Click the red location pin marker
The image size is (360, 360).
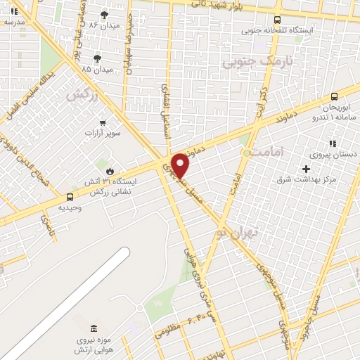tap(181, 165)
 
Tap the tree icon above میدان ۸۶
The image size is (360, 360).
tap(105, 14)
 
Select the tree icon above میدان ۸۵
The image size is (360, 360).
tap(96, 58)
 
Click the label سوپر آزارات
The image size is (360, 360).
tap(103, 133)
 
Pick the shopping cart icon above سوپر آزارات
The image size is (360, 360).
tap(103, 122)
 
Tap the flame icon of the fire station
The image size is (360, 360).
tap(109, 171)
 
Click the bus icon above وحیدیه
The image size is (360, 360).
tap(70, 198)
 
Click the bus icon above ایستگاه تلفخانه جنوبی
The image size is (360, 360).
tap(277, 20)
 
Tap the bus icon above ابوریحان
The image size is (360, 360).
tap(334, 96)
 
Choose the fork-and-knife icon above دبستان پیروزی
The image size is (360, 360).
tap(333, 143)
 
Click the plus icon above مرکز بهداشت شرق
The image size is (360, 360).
tap(306, 169)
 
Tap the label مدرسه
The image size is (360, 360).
tap(14, 22)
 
